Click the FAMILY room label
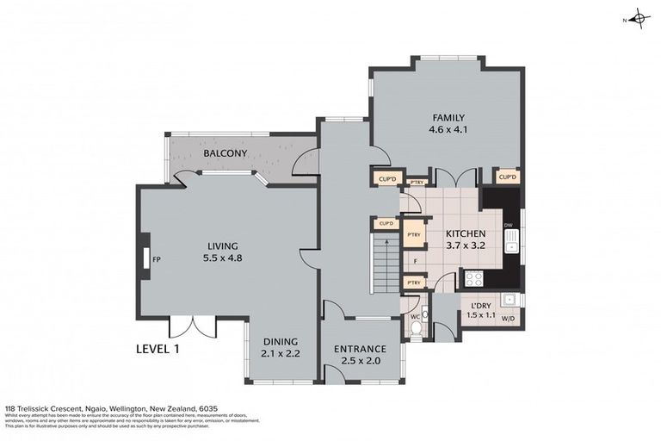pyautogui.click(x=448, y=118)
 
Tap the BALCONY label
pyautogui.click(x=225, y=154)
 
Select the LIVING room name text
pyautogui.click(x=221, y=245)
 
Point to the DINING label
pyautogui.click(x=281, y=341)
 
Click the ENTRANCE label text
pyautogui.click(x=360, y=349)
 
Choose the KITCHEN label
pyautogui.click(x=466, y=233)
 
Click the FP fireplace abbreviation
pyautogui.click(x=157, y=258)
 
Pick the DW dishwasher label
pyautogui.click(x=509, y=226)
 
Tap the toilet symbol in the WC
pyautogui.click(x=417, y=328)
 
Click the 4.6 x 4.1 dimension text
pyautogui.click(x=448, y=131)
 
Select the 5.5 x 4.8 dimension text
pyautogui.click(x=221, y=258)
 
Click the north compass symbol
pyautogui.click(x=638, y=18)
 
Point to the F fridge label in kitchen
pyautogui.click(x=415, y=259)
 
